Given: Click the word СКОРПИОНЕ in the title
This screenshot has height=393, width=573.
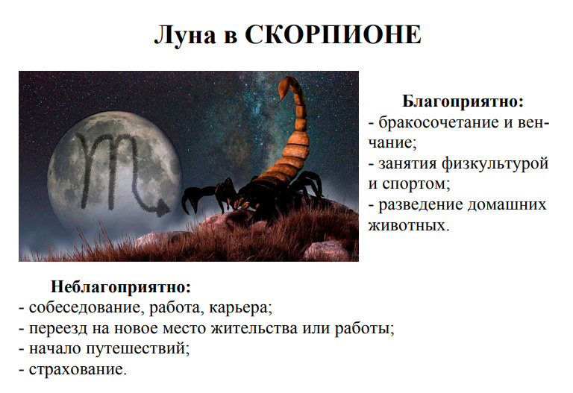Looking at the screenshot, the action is (333, 35).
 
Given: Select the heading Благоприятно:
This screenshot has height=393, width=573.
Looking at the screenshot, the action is (463, 101).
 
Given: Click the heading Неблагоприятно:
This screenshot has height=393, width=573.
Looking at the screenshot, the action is (121, 287).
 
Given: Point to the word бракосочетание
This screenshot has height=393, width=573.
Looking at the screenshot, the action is (439, 122).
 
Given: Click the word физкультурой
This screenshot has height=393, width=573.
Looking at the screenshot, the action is (495, 163).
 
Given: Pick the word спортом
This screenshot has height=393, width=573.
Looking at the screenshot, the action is (414, 184).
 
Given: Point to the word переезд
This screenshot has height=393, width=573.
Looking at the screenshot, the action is (58, 329).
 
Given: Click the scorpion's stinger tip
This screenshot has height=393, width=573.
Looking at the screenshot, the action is (279, 101).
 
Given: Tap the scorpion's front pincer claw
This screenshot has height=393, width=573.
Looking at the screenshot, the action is (191, 200).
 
